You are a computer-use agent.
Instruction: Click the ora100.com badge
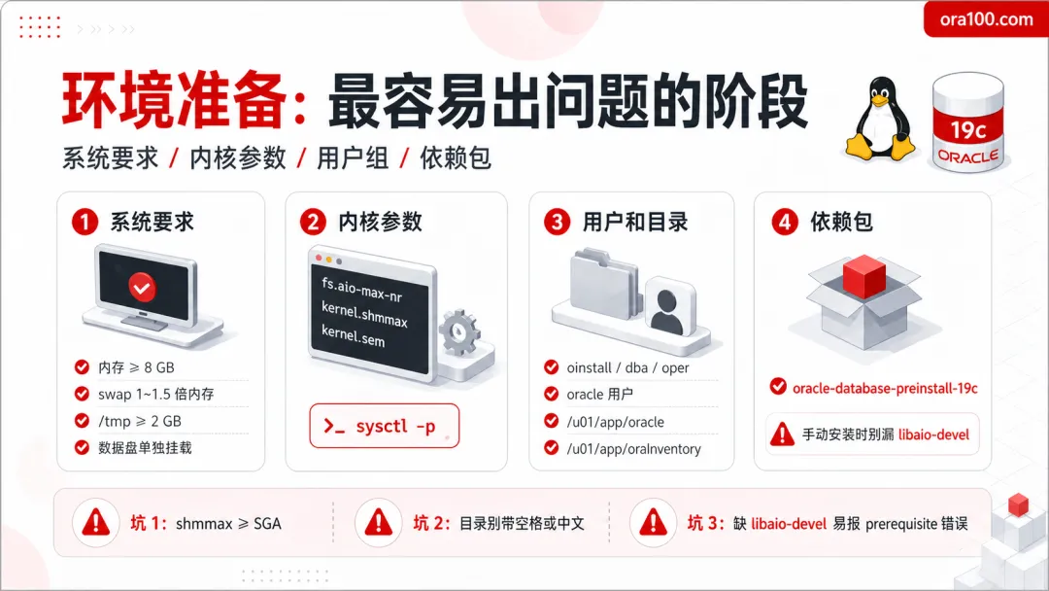pos(986,19)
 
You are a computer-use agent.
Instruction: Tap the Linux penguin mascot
pos(880,119)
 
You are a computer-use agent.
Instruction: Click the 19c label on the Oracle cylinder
pos(968,129)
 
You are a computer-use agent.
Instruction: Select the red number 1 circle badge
pos(85,223)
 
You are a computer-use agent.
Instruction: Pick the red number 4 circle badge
pos(785,223)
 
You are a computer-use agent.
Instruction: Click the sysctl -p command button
pos(384,426)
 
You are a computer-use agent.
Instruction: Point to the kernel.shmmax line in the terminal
pos(364,313)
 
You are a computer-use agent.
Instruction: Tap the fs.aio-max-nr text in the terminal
pos(361,289)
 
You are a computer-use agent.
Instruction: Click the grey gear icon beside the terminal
pos(459,332)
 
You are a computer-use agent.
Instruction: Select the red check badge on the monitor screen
pos(142,288)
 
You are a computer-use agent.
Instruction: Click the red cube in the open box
pos(863,276)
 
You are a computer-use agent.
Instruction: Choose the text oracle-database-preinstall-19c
pos(885,388)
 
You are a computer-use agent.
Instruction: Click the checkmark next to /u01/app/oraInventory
pos(552,448)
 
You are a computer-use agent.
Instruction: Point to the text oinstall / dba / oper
pos(627,367)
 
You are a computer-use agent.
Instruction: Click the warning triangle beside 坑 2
pos(379,522)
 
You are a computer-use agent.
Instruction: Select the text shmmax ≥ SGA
pos(228,523)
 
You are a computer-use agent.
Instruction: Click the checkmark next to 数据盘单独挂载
pos(82,447)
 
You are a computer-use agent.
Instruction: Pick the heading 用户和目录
pos(635,222)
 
